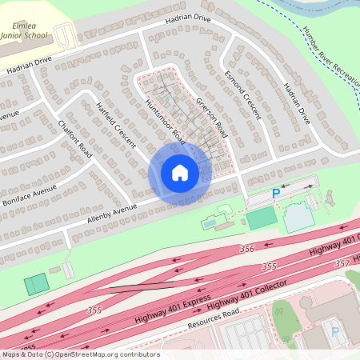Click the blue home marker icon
[180, 173]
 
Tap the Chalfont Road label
[75, 138]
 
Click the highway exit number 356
[246, 249]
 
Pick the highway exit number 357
[342, 262]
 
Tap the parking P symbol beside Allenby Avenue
[276, 193]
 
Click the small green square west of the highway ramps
[35, 284]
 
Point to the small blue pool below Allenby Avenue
[210, 223]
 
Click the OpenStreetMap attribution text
[80, 354]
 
